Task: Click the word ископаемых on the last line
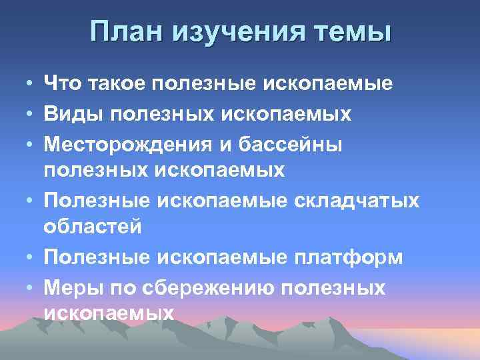click(x=109, y=313)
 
